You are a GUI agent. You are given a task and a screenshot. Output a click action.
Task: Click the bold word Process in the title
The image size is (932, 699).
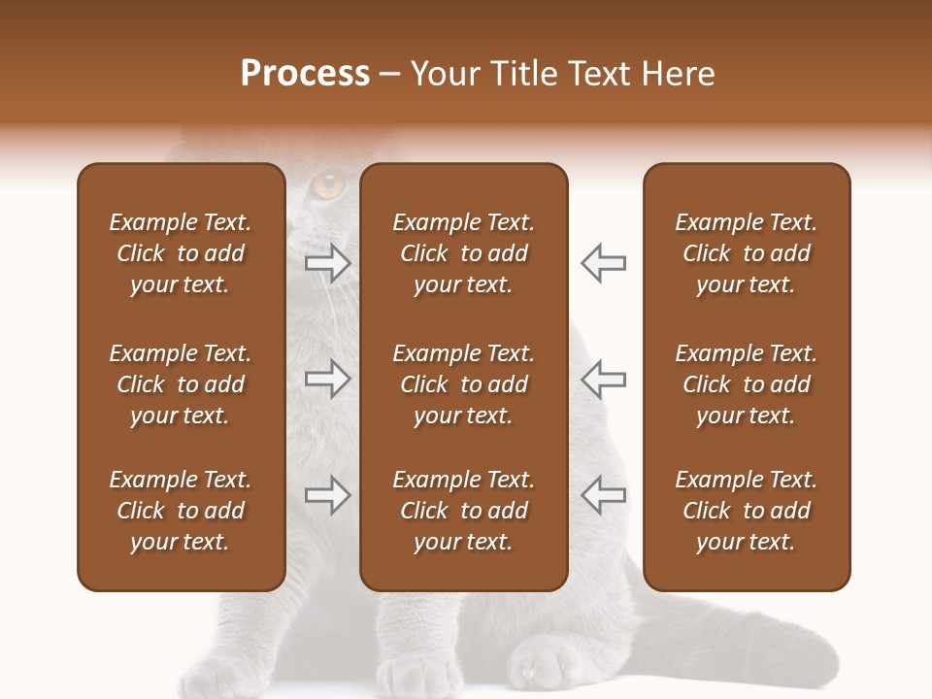pos(305,74)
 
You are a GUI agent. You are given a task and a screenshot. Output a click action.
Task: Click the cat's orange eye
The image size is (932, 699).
pos(330,183)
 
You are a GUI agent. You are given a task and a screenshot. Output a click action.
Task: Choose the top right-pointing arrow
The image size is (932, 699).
pos(328,263)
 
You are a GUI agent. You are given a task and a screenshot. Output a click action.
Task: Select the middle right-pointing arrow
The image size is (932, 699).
pos(328,378)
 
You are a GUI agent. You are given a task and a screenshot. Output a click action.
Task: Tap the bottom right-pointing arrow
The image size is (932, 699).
pos(328,496)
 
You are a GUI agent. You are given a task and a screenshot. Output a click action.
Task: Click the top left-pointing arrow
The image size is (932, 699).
pos(603,263)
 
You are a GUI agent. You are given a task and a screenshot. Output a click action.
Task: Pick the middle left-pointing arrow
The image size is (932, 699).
pos(603,378)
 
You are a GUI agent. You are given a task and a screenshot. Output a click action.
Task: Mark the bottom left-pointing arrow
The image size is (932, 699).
pos(603,496)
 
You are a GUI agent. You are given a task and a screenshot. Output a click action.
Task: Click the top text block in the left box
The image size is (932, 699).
pos(181,253)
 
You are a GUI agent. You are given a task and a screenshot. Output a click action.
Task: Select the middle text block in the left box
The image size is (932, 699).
pos(181,384)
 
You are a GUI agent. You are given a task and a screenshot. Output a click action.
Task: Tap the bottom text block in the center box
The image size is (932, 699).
pos(463,511)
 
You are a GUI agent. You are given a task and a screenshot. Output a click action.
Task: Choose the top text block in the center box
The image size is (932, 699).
pos(463,253)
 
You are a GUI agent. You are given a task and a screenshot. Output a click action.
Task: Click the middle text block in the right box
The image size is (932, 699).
pos(746,384)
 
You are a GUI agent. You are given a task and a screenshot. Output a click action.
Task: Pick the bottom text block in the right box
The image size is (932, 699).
pos(746,511)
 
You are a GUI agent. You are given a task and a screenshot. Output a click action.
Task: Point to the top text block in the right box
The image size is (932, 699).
pos(746,253)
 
